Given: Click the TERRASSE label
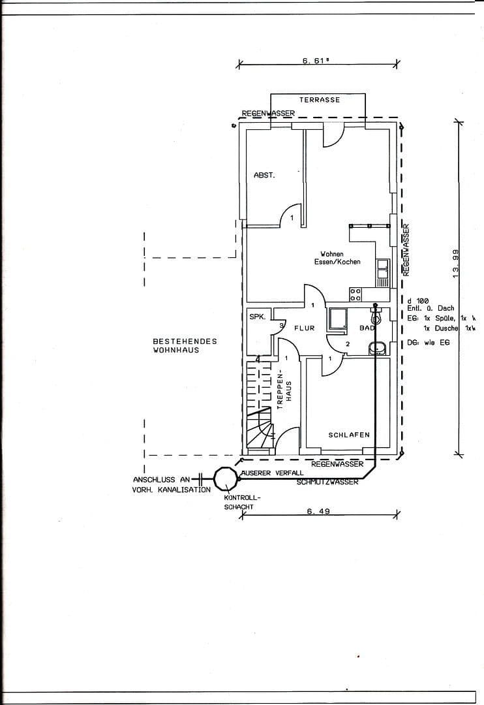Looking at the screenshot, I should [320, 100].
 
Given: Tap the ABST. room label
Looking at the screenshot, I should [264, 176].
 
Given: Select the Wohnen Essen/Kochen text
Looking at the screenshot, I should [340, 258].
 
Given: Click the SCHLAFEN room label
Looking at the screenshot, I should [349, 435].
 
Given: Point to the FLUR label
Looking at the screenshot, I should [304, 328].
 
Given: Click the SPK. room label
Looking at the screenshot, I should [257, 317].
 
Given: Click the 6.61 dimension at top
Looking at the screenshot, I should [315, 60].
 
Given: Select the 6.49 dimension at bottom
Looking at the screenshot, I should [317, 512].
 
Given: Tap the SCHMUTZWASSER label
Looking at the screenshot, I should [327, 482].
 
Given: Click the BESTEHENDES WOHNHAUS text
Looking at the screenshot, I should [175, 345].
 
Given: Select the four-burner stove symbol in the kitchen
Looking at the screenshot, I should [355, 294].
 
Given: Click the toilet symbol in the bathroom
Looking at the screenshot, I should [375, 317].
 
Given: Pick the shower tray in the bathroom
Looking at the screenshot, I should [339, 319].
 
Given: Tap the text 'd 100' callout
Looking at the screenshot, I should [417, 300].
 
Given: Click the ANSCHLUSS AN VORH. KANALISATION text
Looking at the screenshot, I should [172, 484].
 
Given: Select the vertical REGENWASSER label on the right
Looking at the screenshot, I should [406, 250].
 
